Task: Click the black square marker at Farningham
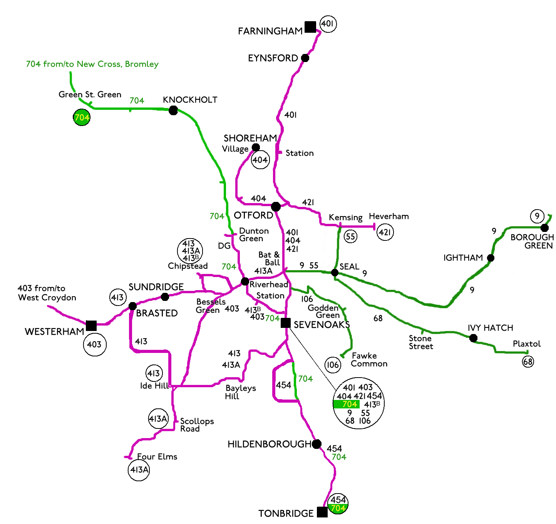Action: (x=310, y=27)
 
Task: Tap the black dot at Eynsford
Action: (x=305, y=58)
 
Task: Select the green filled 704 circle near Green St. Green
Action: (x=82, y=118)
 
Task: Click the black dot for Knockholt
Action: (x=173, y=111)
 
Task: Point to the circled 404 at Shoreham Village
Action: (x=260, y=160)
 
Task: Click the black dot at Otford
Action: (x=276, y=207)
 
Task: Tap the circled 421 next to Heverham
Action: (x=385, y=232)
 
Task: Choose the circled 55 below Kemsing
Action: (x=350, y=236)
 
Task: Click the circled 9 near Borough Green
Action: (x=537, y=216)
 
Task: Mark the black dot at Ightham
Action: (x=491, y=258)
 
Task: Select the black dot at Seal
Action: (x=335, y=273)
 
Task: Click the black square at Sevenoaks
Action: (x=285, y=323)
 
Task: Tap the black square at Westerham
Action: (x=91, y=326)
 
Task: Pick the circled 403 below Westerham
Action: (x=94, y=344)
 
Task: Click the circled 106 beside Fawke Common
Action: (x=333, y=365)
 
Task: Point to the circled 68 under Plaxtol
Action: (x=528, y=361)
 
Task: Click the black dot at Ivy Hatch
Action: (x=474, y=338)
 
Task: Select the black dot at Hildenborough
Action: (x=317, y=444)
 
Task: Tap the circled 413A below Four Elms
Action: (x=139, y=470)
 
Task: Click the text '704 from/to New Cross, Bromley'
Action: (x=92, y=64)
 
